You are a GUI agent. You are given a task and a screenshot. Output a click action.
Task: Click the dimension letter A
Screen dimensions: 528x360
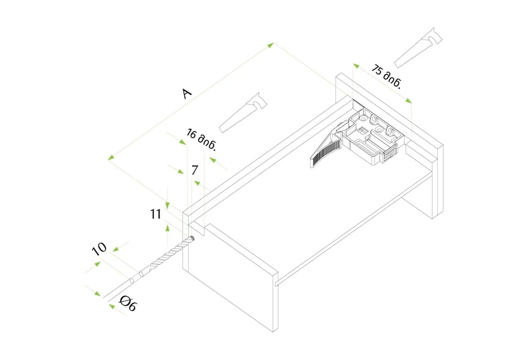pos(187,94)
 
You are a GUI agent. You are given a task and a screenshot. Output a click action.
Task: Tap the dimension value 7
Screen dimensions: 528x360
pos(194,170)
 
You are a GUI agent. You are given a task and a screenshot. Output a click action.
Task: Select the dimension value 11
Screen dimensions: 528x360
pos(156,214)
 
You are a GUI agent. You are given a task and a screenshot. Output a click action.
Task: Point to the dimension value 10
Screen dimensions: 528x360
pos(100,249)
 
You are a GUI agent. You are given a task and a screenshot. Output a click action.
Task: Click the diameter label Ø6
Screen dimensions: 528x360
pos(129,303)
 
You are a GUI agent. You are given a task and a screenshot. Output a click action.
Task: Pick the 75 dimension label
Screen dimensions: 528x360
pos(387,77)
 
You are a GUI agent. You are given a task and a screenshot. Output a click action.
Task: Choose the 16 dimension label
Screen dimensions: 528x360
pos(201,140)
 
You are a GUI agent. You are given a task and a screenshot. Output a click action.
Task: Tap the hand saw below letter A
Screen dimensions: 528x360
pos(243,113)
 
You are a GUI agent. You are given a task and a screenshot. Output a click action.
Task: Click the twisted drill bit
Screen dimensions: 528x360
pos(162,259)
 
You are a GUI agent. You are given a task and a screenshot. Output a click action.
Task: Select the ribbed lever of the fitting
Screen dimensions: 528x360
pos(325,150)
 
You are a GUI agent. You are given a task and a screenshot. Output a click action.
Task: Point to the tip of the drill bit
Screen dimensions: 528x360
pos(193,237)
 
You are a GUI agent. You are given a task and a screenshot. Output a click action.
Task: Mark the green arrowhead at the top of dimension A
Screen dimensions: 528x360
pos(271,45)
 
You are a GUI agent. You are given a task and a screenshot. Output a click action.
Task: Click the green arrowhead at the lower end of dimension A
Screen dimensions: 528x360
pos(111,157)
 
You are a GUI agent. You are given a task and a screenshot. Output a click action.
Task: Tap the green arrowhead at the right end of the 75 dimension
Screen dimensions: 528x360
pos(408,100)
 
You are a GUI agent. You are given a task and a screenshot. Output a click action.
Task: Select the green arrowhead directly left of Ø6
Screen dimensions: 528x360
pos(112,306)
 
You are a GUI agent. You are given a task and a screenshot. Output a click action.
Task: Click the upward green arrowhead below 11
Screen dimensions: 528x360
pos(167,228)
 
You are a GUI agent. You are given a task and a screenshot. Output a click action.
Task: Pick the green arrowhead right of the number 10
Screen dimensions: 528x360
pos(116,249)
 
